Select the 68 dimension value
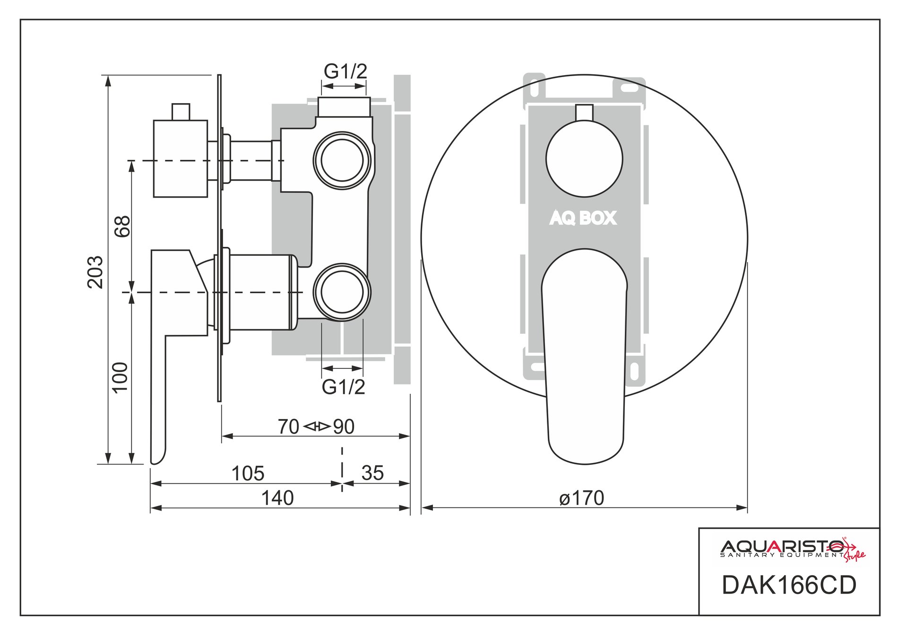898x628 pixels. [x=122, y=227]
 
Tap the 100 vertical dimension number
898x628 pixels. [x=121, y=377]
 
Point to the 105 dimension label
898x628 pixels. [x=248, y=473]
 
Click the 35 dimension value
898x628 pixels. [x=372, y=473]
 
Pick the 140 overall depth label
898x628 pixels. [x=277, y=498]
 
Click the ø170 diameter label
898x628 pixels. [x=581, y=498]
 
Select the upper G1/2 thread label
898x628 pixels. [x=345, y=71]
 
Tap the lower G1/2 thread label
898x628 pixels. [x=344, y=387]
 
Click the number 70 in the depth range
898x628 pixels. [x=288, y=427]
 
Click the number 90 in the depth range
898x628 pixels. [x=344, y=427]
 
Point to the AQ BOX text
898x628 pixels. [x=583, y=218]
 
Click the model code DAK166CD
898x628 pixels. [x=789, y=585]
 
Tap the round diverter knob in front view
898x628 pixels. [x=584, y=158]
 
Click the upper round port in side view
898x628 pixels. [x=342, y=160]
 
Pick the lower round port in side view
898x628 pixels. [x=342, y=292]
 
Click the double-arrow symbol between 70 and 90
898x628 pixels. [x=316, y=427]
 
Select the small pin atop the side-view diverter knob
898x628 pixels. [x=181, y=112]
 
